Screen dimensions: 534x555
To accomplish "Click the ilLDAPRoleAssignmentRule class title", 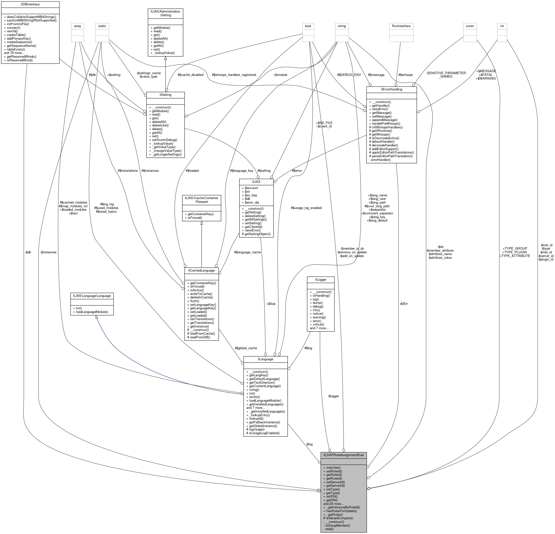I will (x=344, y=455).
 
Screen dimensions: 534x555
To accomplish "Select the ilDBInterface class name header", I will (x=30, y=4).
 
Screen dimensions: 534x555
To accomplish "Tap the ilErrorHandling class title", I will (x=391, y=89).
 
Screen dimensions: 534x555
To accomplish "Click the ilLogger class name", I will (x=320, y=279).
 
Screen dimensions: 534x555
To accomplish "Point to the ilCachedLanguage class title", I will (x=201, y=270).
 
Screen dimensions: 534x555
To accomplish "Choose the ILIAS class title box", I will (x=256, y=181).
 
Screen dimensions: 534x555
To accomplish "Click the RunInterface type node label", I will (x=401, y=26).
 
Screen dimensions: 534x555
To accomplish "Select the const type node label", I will (x=470, y=26).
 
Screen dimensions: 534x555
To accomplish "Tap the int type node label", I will (x=502, y=26).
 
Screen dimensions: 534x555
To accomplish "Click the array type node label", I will (x=77, y=26).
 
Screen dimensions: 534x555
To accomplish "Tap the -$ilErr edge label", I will (x=403, y=304).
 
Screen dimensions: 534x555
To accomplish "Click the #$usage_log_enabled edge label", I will (x=306, y=208).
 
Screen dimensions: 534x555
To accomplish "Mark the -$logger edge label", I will (x=333, y=396).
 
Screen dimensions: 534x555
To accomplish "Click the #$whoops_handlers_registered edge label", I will (x=234, y=75).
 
